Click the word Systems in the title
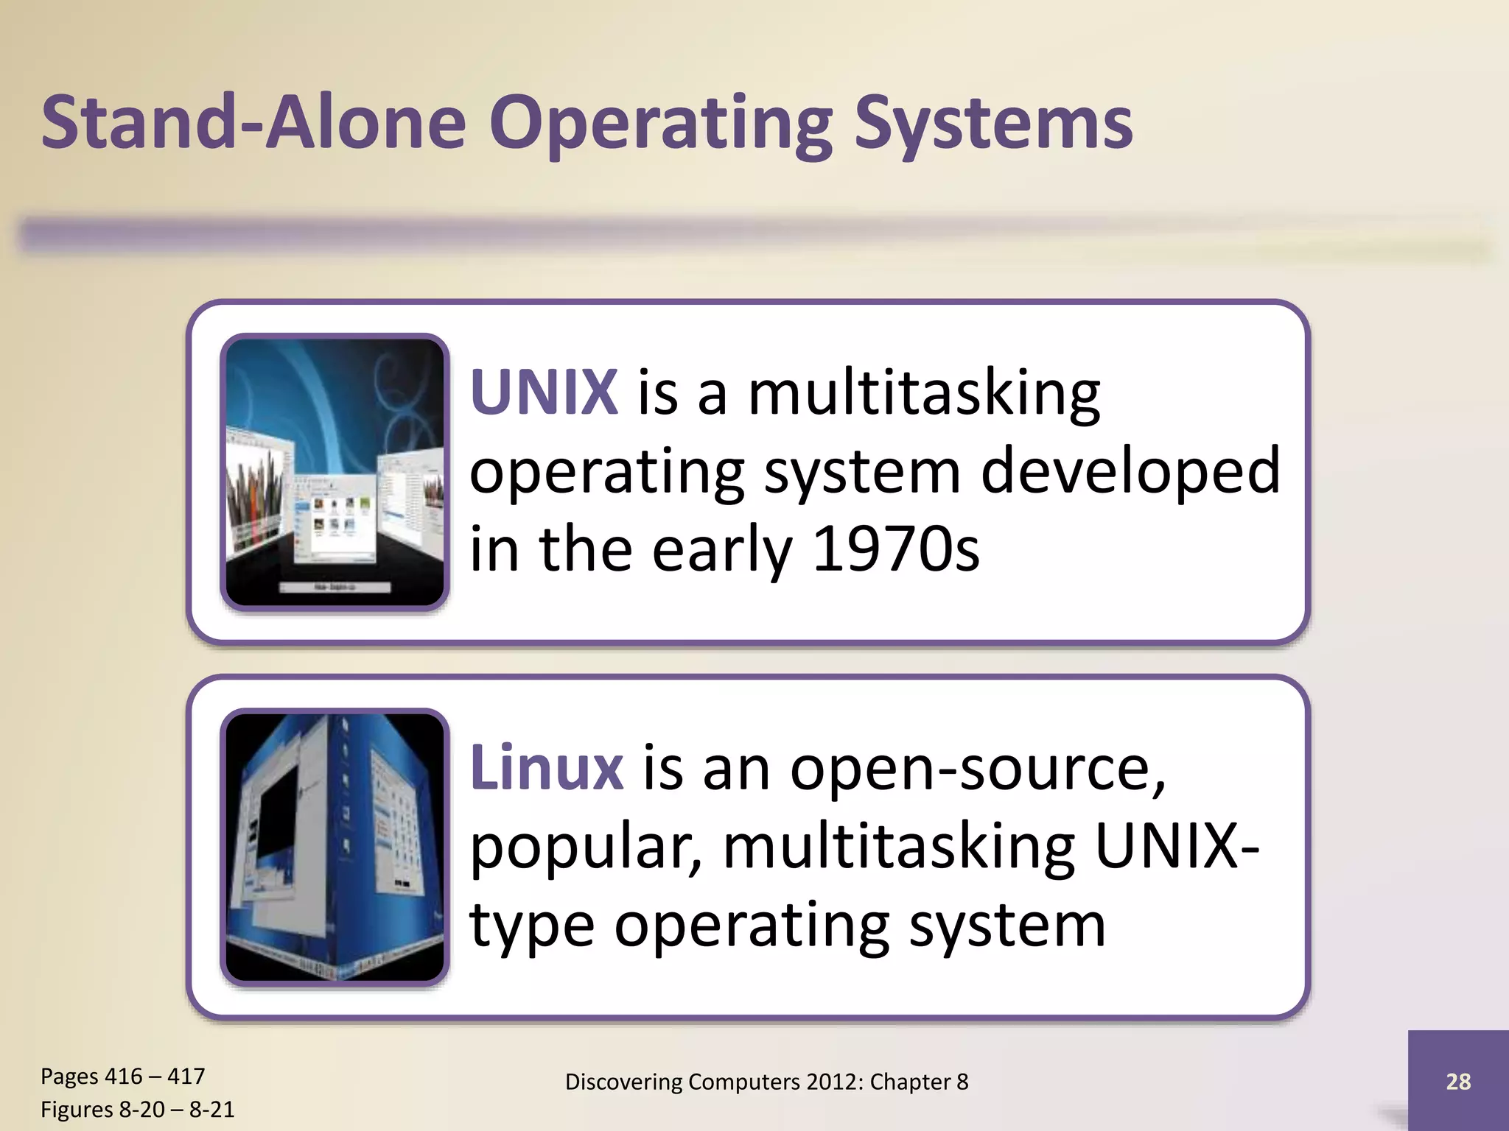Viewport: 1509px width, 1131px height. click(x=992, y=124)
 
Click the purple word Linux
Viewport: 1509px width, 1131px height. click(x=547, y=768)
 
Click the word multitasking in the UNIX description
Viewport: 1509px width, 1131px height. click(x=924, y=394)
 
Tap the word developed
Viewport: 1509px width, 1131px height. click(x=1130, y=471)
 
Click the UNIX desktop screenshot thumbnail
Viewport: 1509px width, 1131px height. click(x=335, y=472)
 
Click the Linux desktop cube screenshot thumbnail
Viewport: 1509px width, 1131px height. click(x=335, y=847)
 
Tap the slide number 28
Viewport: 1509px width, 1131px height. click(x=1457, y=1081)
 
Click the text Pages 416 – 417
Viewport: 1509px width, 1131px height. click(x=122, y=1076)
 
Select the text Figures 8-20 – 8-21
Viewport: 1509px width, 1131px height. click(x=137, y=1109)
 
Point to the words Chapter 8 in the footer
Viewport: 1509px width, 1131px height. click(x=919, y=1082)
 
